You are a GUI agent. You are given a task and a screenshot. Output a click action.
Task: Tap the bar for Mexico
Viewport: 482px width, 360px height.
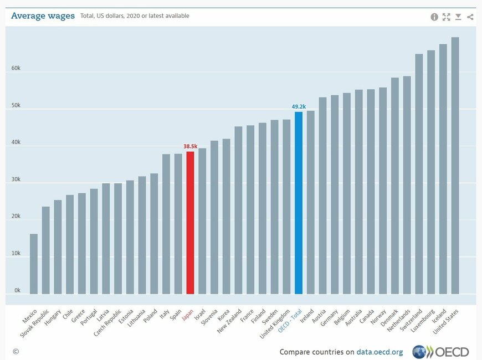pyautogui.click(x=34, y=264)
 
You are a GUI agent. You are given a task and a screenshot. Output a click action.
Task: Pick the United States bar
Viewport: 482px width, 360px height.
pyautogui.click(x=455, y=166)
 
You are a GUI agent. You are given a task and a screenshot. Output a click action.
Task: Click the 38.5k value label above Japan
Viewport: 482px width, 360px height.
pyautogui.click(x=191, y=146)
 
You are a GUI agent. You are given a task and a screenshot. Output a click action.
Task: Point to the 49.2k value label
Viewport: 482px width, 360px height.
pyautogui.click(x=299, y=106)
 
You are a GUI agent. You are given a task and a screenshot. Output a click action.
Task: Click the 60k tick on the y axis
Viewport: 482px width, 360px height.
pyautogui.click(x=16, y=69)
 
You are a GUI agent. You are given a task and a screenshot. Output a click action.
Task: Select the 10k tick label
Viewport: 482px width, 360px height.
pyautogui.click(x=16, y=254)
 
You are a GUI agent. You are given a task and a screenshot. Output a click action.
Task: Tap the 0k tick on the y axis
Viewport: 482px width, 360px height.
pyautogui.click(x=17, y=290)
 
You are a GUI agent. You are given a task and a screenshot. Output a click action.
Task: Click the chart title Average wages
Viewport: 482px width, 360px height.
pyautogui.click(x=43, y=16)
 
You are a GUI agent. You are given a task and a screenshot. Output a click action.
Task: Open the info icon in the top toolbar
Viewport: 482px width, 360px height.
pyautogui.click(x=434, y=17)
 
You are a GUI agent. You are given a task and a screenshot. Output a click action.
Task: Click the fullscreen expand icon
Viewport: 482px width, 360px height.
pyautogui.click(x=447, y=17)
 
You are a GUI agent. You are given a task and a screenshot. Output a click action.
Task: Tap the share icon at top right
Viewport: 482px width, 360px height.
pyautogui.click(x=470, y=17)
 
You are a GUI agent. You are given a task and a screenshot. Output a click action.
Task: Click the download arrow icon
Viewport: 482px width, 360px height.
pyautogui.click(x=458, y=17)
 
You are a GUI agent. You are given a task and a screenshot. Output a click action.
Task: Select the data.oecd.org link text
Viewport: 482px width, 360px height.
pyautogui.click(x=380, y=352)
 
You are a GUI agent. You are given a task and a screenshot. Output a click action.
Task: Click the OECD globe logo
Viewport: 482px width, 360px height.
pyautogui.click(x=419, y=352)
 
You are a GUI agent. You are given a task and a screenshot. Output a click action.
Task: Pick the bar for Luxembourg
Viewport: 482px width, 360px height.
pyautogui.click(x=431, y=172)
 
